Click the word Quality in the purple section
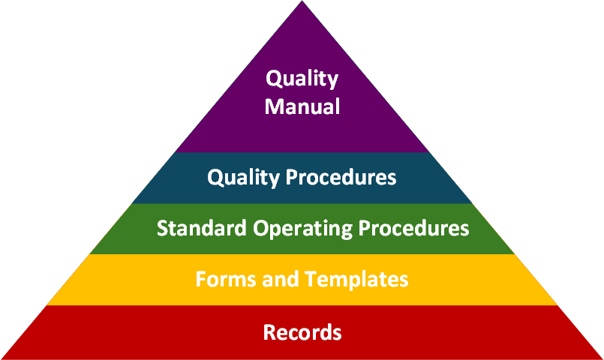point(302,79)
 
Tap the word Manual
point(302,106)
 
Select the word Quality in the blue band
point(243,178)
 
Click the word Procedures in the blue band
point(341,177)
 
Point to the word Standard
point(202,227)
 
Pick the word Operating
point(302,229)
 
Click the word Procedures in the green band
point(413,227)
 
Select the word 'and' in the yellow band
point(281,279)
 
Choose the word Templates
point(356,280)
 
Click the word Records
point(302,332)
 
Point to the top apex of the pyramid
point(302,1)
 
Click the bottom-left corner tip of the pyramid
point(2,358)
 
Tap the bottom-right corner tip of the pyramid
point(602,358)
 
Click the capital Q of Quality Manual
point(274,79)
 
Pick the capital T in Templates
point(311,279)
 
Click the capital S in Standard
point(162,228)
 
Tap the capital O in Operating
point(261,228)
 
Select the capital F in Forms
point(201,279)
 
